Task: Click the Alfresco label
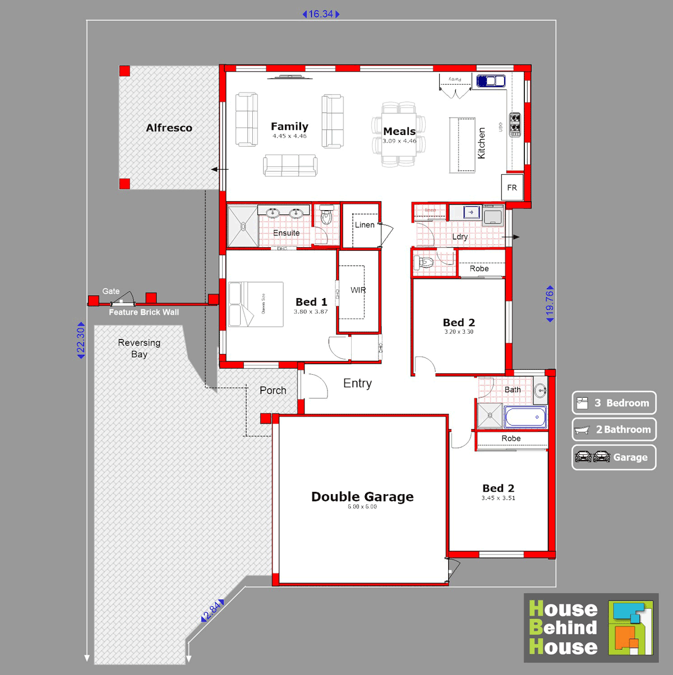click(x=169, y=128)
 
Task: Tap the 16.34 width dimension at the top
click(x=321, y=14)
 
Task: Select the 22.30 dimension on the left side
click(x=81, y=340)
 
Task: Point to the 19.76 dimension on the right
click(x=550, y=304)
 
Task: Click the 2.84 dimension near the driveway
click(x=213, y=611)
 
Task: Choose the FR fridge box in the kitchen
click(x=512, y=188)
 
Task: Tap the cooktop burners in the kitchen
click(x=514, y=125)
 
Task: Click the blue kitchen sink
click(x=491, y=81)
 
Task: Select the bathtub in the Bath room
click(x=525, y=417)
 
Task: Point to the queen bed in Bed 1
click(x=256, y=304)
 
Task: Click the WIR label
click(x=358, y=290)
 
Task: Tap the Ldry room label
click(x=460, y=237)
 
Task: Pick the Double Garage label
click(x=362, y=497)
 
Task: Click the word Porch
click(x=273, y=390)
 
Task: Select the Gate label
click(x=110, y=291)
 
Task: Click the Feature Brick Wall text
click(x=144, y=312)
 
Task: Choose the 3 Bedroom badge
click(x=614, y=403)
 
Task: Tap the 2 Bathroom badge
click(x=614, y=430)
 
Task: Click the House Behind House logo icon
click(x=631, y=628)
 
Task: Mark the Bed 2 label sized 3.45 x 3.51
click(x=498, y=488)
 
